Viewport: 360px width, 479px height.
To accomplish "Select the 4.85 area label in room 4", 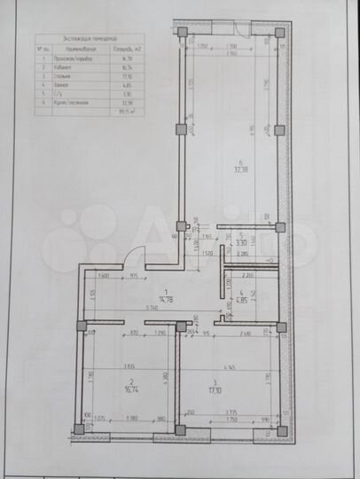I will (x=240, y=300).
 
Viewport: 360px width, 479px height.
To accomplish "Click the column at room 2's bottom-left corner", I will (x=79, y=429).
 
